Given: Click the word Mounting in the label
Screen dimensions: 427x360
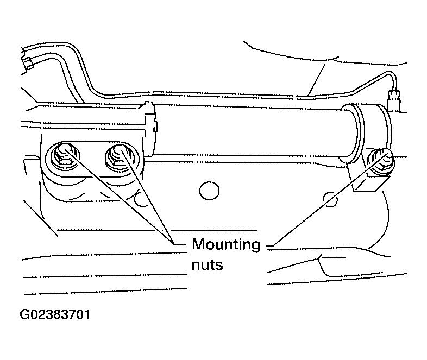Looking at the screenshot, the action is tap(226, 245).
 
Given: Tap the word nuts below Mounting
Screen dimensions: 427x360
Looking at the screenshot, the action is tap(207, 264).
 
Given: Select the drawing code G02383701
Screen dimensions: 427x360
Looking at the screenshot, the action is tap(55, 314).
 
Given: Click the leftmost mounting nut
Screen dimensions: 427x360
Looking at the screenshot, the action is tap(63, 155).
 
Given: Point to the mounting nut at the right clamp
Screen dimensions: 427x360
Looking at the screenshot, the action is tap(379, 161).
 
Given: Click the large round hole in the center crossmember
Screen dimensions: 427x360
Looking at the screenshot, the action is tap(209, 191).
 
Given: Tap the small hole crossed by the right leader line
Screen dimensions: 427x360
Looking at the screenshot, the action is tap(330, 199).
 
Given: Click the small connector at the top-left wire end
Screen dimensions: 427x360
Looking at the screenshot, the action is tap(28, 64).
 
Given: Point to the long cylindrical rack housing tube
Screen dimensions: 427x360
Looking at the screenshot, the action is tap(250, 131).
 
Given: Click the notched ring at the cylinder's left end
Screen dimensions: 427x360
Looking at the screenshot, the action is tap(149, 129).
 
